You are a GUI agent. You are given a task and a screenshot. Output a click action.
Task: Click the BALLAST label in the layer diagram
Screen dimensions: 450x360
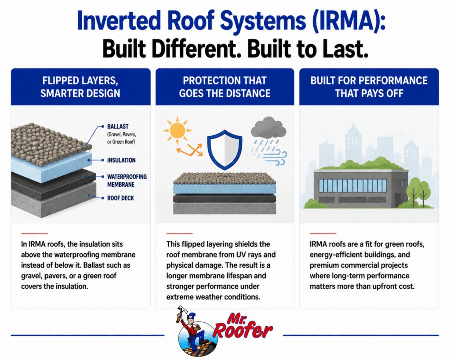[x=118, y=126]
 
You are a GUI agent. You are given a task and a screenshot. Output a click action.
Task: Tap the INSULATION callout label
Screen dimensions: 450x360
[x=121, y=160]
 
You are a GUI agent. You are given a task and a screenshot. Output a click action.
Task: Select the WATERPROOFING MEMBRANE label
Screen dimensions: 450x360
[x=127, y=181]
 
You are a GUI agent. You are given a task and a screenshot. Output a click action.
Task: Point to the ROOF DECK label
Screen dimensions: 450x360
[x=120, y=198]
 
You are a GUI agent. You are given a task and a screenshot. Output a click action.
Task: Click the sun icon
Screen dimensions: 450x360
[x=178, y=131]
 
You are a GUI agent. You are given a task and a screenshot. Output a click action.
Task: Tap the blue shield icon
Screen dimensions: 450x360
[x=225, y=149]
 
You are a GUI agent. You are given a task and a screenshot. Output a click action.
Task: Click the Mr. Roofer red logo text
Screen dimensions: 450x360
[x=242, y=326]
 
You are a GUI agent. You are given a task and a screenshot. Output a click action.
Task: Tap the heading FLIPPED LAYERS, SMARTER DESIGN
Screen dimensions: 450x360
[x=80, y=87]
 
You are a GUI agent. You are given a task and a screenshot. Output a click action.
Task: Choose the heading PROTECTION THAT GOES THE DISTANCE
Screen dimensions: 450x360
[x=225, y=87]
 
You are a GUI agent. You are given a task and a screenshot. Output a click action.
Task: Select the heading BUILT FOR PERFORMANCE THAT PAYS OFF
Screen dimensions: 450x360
[x=369, y=87]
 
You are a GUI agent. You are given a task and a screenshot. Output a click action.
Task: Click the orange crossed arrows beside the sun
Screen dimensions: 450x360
[x=189, y=150]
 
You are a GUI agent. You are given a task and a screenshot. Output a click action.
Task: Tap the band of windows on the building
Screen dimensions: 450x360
[x=352, y=185]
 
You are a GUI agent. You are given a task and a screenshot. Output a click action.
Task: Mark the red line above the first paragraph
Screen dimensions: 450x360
[x=34, y=234]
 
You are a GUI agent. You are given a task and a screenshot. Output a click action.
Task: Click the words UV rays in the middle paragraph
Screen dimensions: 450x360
[x=250, y=255]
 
